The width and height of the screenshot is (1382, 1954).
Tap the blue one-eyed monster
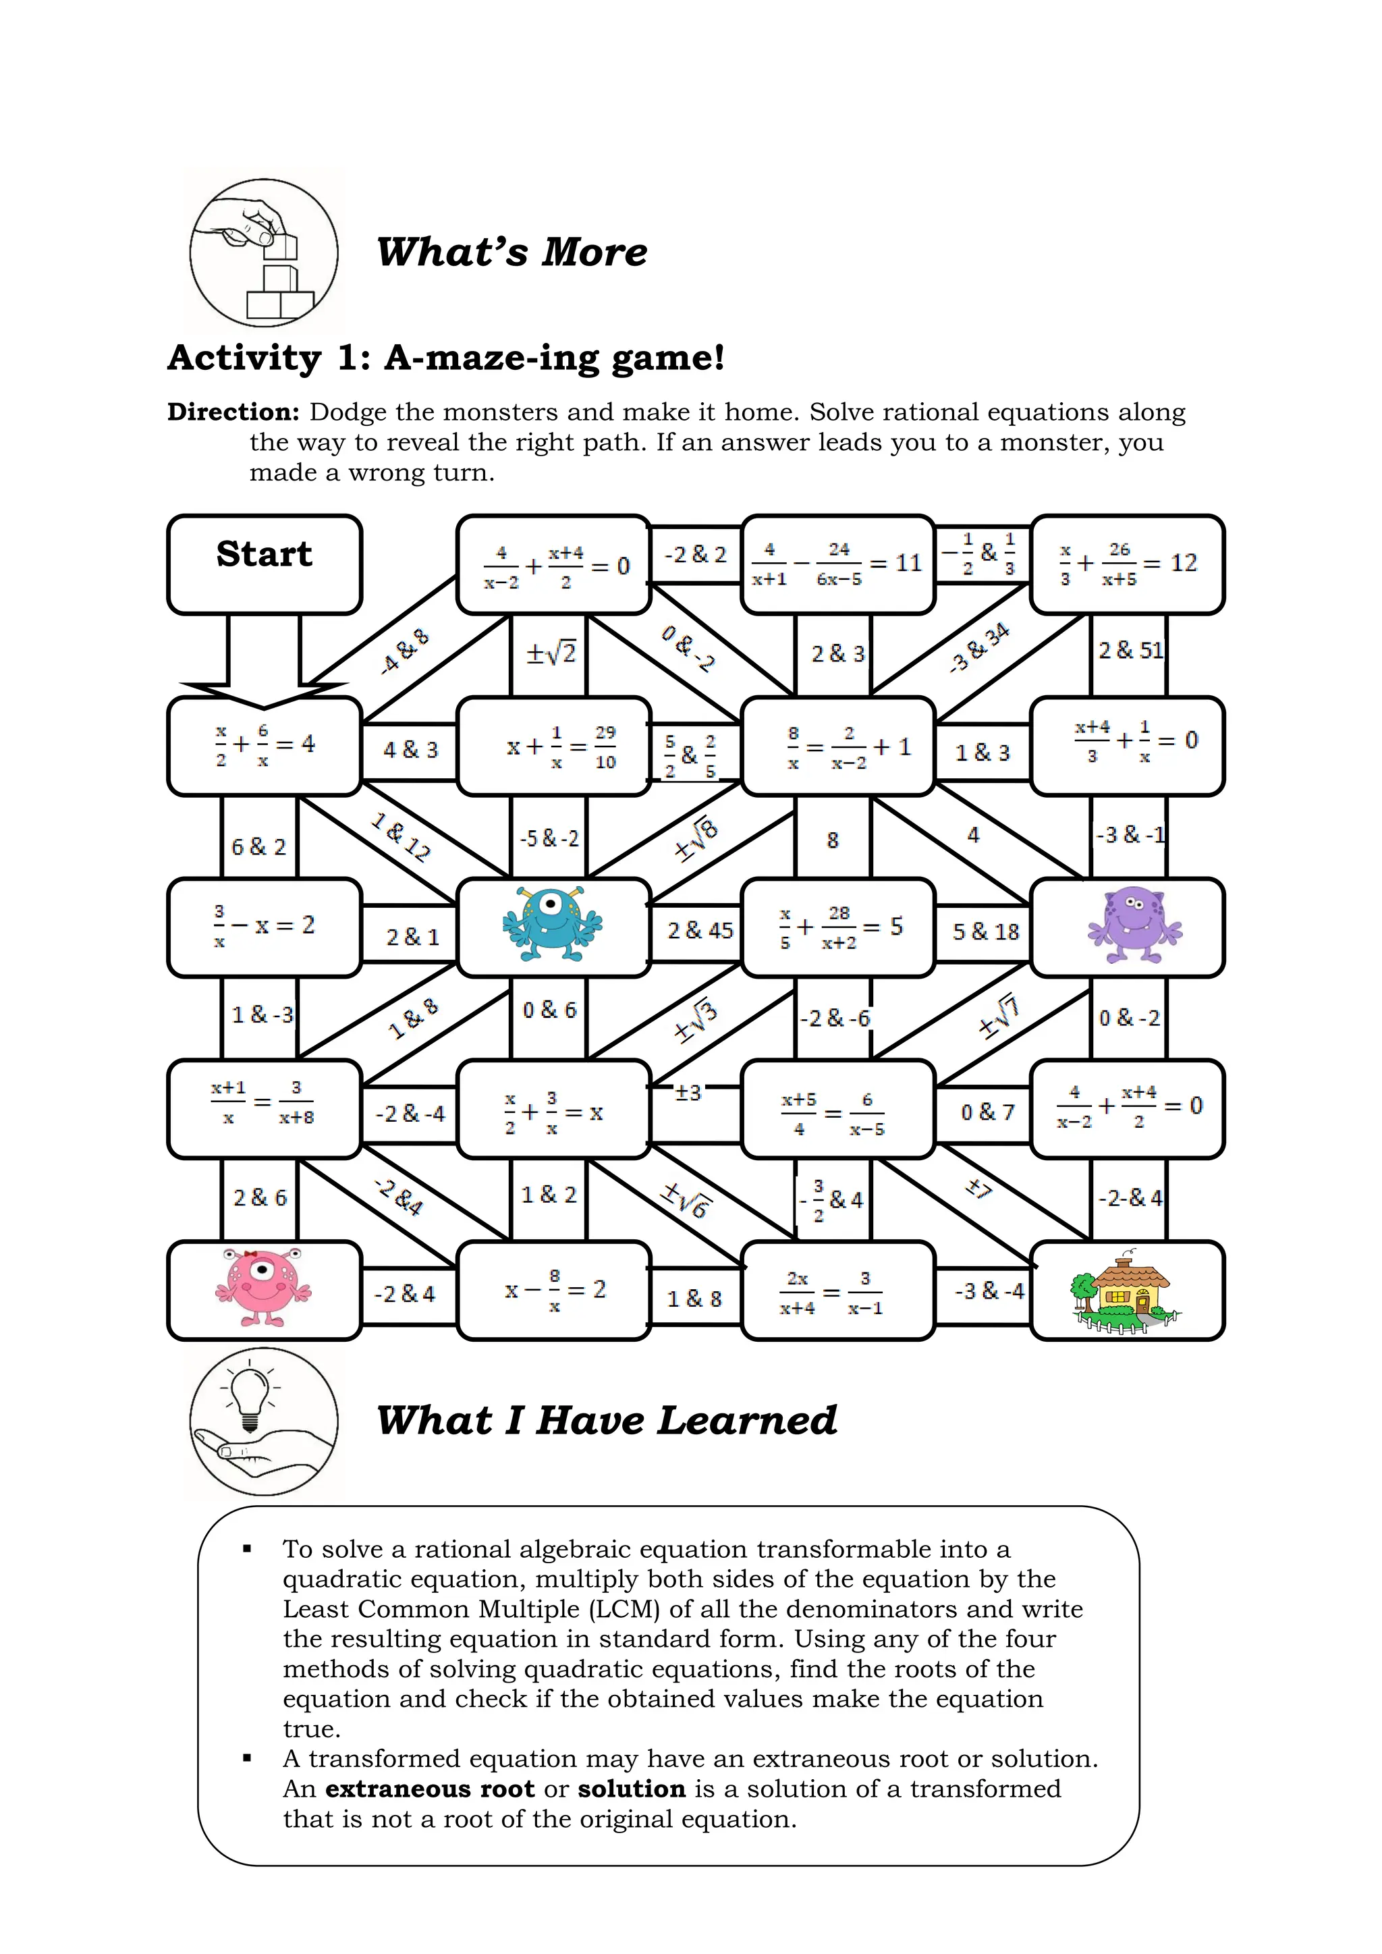[x=553, y=926]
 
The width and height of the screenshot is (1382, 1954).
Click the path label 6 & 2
[x=258, y=847]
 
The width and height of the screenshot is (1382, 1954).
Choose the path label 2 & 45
[x=700, y=930]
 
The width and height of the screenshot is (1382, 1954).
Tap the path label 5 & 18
[x=985, y=932]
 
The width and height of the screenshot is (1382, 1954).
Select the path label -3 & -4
[x=989, y=1291]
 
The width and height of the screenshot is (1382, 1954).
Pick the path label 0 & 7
[x=987, y=1112]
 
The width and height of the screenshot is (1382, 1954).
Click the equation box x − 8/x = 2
[x=554, y=1291]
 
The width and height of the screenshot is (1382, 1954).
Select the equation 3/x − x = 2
[x=265, y=927]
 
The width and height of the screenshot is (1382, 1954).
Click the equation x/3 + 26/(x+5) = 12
[x=1128, y=564]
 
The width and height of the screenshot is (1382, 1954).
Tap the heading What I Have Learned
[x=607, y=1420]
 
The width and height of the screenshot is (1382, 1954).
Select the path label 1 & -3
[x=262, y=1014]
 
